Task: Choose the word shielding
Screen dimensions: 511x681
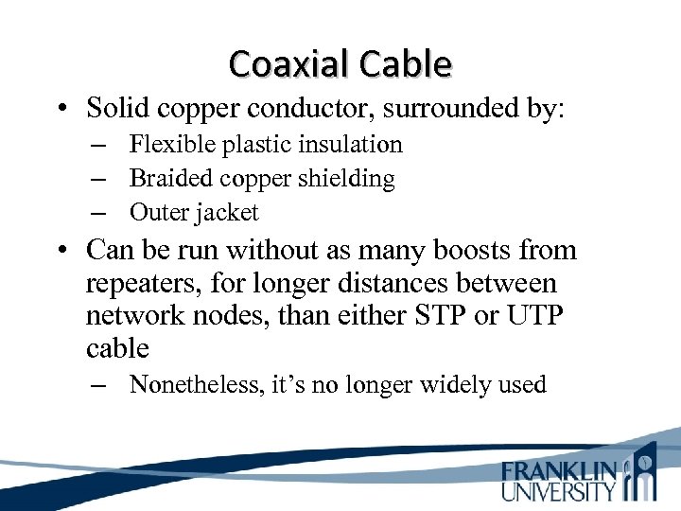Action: click(345, 178)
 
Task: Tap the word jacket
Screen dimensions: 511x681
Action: click(227, 212)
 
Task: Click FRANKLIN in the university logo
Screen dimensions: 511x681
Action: click(559, 470)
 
